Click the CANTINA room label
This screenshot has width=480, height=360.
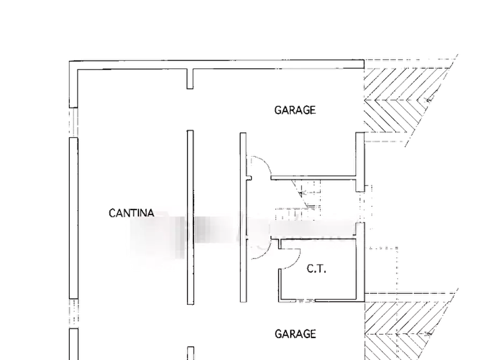click(131, 213)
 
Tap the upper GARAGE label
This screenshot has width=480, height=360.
click(295, 110)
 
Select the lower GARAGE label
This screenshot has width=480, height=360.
click(295, 334)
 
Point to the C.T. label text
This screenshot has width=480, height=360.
click(316, 269)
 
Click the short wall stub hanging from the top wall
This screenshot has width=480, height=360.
click(190, 79)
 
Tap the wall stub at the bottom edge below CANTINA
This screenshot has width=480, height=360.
click(190, 353)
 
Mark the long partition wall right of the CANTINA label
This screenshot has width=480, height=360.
click(190, 218)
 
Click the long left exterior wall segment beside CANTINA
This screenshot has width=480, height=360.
click(74, 218)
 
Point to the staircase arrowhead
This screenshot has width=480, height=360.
click(301, 193)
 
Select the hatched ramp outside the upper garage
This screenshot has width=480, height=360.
click(407, 100)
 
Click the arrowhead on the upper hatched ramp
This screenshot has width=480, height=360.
click(428, 99)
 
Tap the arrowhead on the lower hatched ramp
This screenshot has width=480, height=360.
click(428, 334)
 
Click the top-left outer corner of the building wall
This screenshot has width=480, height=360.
click(69, 61)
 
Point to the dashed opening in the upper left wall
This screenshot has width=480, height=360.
click(74, 123)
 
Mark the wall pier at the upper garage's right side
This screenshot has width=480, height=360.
click(360, 162)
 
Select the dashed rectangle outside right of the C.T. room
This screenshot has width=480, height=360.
click(382, 270)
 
